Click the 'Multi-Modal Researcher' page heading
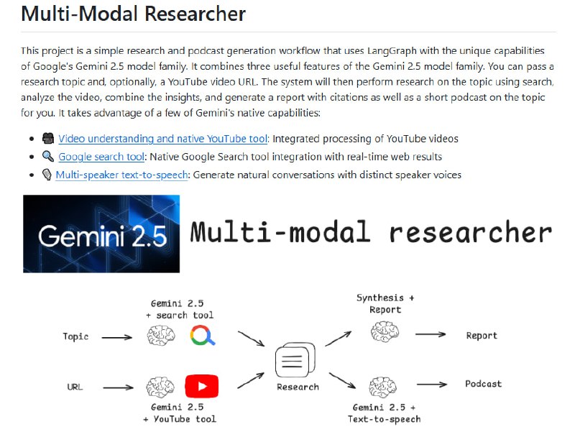click(133, 14)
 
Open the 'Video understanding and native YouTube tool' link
click(163, 139)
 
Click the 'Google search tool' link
click(101, 157)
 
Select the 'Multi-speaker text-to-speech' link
click(121, 175)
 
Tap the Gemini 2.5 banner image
click(101, 234)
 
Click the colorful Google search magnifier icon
click(203, 336)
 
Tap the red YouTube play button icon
click(202, 386)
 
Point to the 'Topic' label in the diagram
click(75, 336)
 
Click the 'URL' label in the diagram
click(75, 387)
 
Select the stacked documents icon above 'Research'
click(295, 360)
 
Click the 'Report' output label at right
click(482, 336)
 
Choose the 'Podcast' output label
click(483, 384)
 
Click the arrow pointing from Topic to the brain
click(117, 337)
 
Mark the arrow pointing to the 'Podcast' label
click(432, 385)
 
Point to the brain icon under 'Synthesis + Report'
click(385, 331)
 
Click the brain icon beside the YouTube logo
click(160, 387)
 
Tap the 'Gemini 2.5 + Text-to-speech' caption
click(385, 413)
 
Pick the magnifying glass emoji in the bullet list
click(48, 156)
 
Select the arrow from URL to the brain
click(118, 387)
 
